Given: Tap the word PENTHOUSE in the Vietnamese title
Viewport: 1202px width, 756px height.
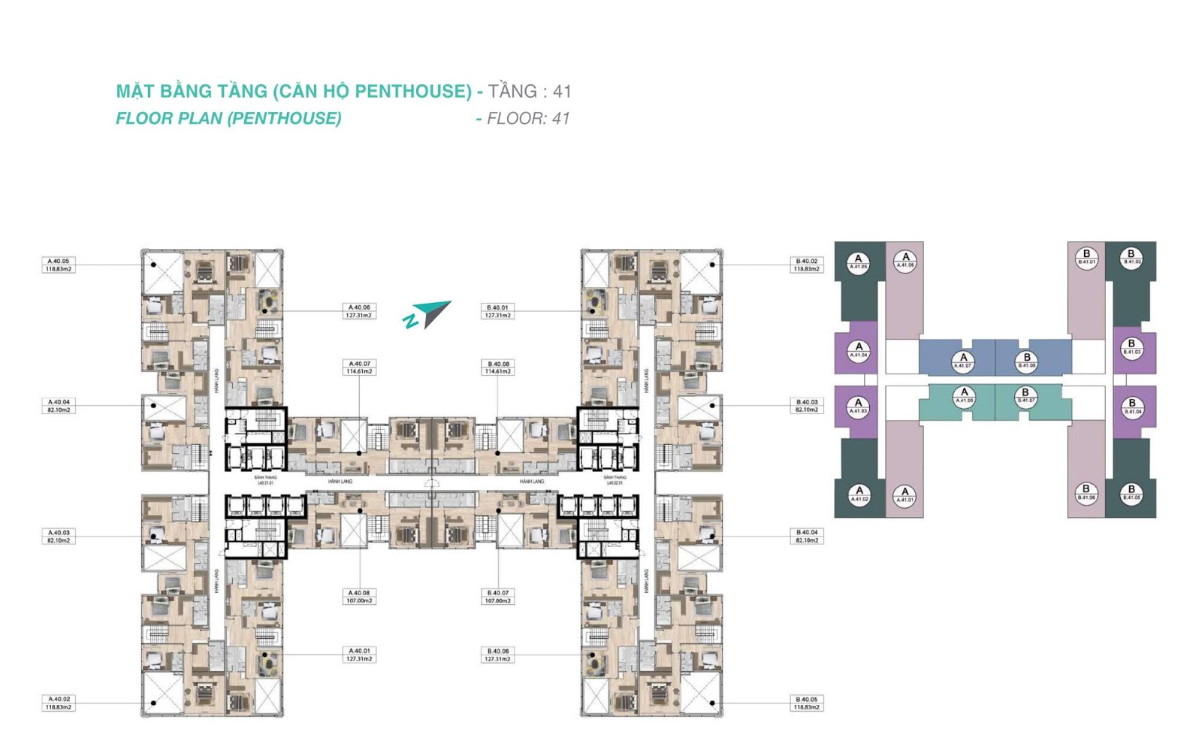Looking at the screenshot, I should coord(412,92).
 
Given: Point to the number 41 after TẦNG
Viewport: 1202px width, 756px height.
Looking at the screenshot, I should coord(562,92).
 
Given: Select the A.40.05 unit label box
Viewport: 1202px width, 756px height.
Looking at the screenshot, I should coord(58,265).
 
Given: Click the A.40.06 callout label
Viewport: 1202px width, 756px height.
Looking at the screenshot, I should coord(359,311).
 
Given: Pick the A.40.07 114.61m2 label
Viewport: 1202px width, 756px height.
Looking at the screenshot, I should coord(359,367).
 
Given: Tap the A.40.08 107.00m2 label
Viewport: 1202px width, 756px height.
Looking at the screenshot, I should coord(359,597).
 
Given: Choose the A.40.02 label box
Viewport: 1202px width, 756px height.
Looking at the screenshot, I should coord(58,703).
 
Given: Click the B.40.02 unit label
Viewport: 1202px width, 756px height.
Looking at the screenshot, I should coord(807,265).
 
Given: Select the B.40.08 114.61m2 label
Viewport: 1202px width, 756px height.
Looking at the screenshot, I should coord(498,367).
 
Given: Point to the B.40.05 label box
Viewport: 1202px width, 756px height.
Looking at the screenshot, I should coord(807,703).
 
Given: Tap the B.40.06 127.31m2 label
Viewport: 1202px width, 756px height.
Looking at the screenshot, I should coord(498,655).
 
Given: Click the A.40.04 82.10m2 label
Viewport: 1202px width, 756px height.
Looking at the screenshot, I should coord(58,406).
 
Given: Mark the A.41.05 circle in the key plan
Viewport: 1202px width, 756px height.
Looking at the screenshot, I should coord(858,262).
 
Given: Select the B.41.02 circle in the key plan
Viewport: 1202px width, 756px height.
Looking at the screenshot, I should coord(1131,257).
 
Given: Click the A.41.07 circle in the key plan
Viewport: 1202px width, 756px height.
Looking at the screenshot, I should coord(963,361).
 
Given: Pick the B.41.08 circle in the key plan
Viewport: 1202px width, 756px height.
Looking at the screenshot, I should coord(1026,361).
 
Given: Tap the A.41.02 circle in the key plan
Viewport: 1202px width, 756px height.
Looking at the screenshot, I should coord(859,494).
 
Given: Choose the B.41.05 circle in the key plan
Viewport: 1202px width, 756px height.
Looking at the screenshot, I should coord(1131,493).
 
